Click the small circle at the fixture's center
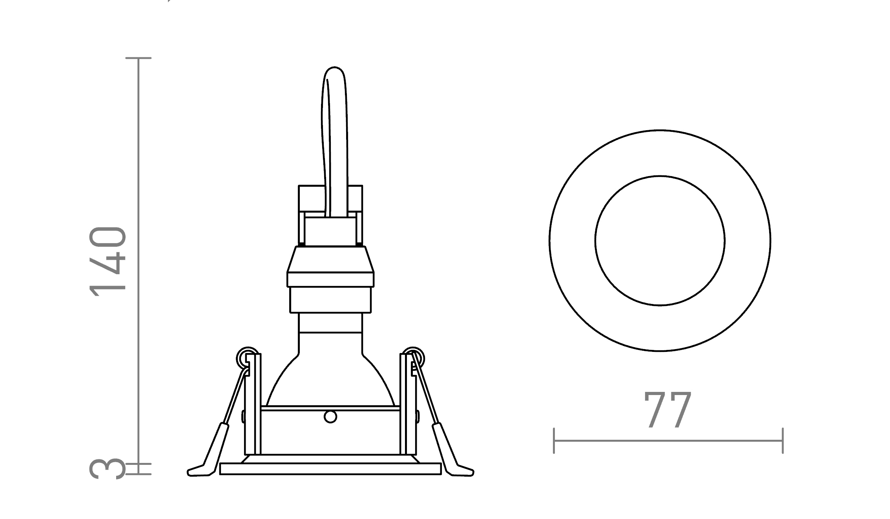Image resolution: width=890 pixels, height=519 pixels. (x=330, y=417)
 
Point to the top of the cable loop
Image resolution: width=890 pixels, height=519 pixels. (x=334, y=67)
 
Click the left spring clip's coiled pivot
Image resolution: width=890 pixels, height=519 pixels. (x=248, y=358)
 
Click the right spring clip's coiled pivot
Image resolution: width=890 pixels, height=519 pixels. (x=413, y=358)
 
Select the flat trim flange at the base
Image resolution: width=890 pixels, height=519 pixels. (x=330, y=469)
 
